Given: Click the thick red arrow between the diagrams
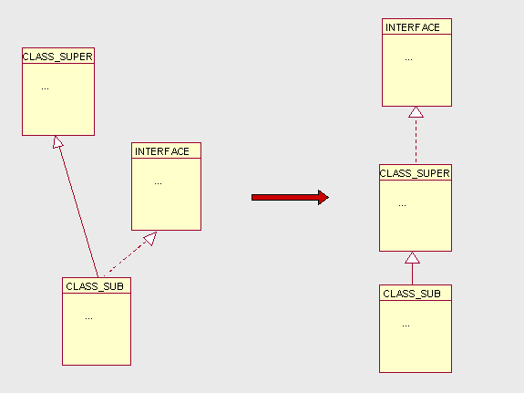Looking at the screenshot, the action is click(290, 197).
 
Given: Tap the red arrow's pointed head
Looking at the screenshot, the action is click(324, 197).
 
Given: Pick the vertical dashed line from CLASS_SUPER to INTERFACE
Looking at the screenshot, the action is click(416, 140).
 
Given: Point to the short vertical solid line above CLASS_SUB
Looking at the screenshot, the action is click(412, 274).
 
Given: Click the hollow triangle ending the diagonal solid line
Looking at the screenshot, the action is click(57, 142).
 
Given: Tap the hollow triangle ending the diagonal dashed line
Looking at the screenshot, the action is click(150, 238).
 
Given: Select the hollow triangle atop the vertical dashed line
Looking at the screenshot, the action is click(416, 112).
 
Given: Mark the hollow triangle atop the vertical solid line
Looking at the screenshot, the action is click(413, 257).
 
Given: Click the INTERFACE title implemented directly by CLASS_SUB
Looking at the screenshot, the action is click(161, 151).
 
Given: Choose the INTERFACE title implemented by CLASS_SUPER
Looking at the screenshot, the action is click(413, 27).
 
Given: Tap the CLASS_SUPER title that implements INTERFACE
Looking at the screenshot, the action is click(415, 173).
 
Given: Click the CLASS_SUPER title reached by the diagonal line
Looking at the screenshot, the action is click(57, 57).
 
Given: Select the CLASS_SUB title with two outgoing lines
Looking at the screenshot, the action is click(95, 286).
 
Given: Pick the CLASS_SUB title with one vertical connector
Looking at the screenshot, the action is click(412, 294).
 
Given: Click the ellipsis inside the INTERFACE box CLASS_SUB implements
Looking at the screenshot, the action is click(158, 183).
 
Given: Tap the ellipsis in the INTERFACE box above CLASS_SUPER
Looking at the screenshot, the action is click(408, 60).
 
